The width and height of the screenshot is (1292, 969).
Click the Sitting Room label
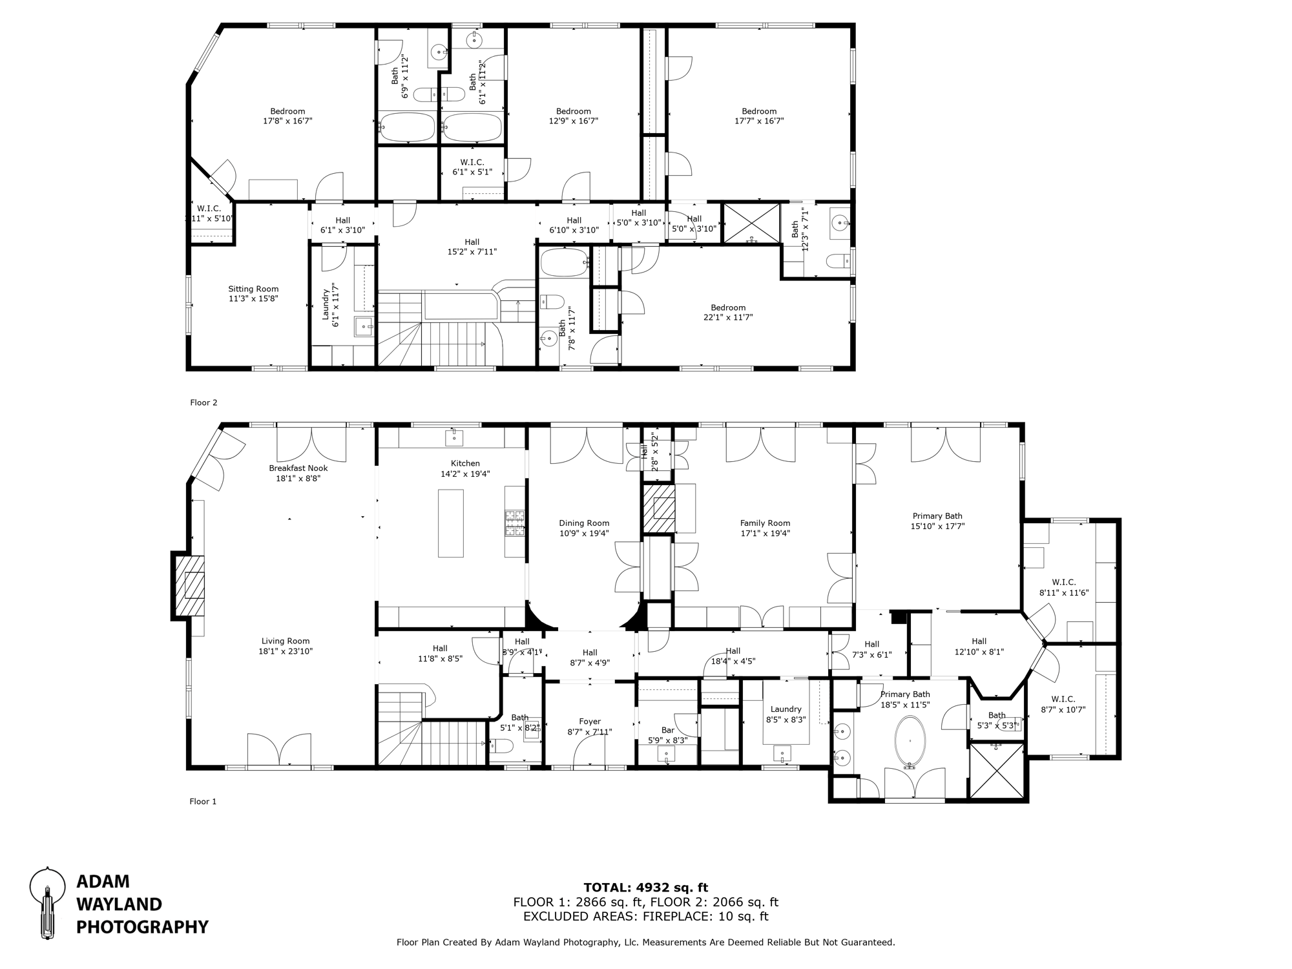tap(253, 289)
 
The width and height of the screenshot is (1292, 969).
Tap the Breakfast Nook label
tap(298, 468)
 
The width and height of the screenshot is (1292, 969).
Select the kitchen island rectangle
tap(450, 523)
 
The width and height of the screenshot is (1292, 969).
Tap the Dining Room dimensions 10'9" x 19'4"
tap(584, 534)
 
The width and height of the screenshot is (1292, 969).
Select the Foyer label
tap(589, 722)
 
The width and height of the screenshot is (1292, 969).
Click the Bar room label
tap(667, 730)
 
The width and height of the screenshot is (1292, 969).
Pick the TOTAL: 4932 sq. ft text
tap(645, 888)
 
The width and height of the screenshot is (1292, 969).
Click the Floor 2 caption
tap(203, 402)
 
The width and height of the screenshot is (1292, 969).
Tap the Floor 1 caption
tap(203, 802)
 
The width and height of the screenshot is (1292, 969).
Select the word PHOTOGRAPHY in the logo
tap(142, 927)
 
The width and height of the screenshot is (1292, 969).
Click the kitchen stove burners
tap(514, 523)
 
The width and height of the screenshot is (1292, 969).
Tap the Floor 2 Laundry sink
tap(364, 327)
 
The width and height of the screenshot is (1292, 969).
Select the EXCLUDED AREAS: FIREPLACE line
tap(645, 916)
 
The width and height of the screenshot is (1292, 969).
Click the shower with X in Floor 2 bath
tap(751, 223)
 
